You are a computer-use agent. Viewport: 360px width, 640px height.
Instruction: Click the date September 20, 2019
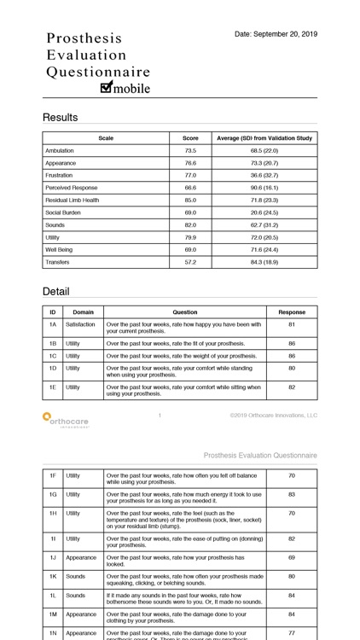pos(276,34)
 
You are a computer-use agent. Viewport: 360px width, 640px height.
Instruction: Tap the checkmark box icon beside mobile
pos(107,87)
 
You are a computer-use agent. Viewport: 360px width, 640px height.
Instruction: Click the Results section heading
pos(60,117)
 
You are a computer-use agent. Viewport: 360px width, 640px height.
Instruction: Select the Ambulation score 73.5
pos(190,150)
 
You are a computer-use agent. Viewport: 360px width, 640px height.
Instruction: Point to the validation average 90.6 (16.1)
pos(264,188)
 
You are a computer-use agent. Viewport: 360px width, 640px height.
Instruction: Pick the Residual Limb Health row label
pos(73,200)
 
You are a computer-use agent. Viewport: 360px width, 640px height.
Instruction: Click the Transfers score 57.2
pos(190,262)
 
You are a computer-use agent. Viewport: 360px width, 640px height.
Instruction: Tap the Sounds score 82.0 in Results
pos(190,224)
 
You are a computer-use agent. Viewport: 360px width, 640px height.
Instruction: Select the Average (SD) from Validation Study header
pos(264,137)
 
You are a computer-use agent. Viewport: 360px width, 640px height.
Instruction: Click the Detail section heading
pos(56,291)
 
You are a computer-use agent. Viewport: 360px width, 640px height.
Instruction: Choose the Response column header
pos(291,312)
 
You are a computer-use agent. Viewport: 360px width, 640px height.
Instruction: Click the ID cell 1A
pos(52,324)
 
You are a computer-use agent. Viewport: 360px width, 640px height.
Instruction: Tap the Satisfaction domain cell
pos(81,324)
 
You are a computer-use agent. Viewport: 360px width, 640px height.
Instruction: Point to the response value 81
pos(291,324)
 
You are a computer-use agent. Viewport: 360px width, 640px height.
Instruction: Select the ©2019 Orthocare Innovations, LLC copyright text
pos(273,416)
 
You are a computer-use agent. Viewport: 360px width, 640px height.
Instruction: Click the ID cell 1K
pos(52,576)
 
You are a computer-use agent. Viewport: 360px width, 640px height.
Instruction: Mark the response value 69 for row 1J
pos(291,557)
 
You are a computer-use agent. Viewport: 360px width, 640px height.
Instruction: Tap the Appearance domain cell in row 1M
pos(81,614)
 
